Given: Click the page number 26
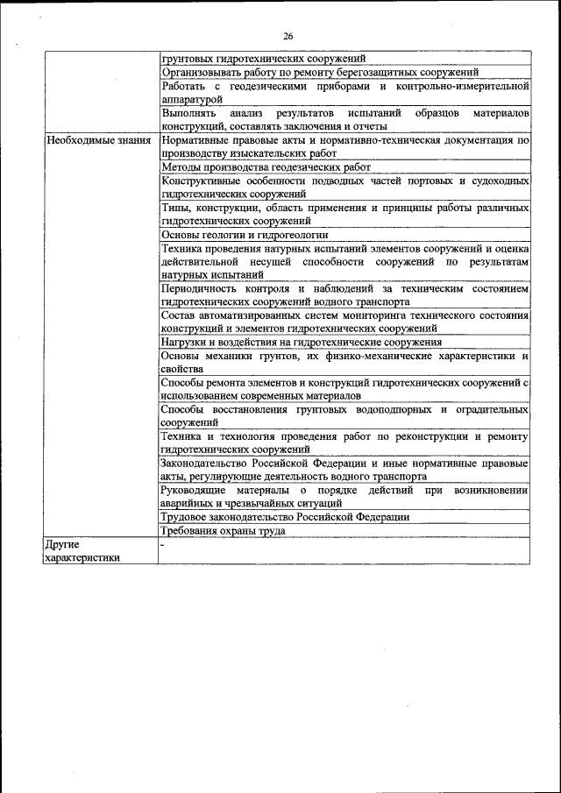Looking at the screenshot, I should tap(288, 36).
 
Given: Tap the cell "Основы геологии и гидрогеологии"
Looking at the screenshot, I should tap(245, 234).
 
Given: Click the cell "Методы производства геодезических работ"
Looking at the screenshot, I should tap(266, 166).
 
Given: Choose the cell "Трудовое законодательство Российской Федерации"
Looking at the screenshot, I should tap(285, 517).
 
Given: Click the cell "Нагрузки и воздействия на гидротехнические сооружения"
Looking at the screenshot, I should tap(314, 342).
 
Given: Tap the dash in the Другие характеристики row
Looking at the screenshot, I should tap(163, 544).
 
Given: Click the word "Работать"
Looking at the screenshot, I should tap(184, 87).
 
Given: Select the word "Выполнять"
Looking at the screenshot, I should tap(189, 113).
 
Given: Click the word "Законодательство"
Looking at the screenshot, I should tap(209, 463).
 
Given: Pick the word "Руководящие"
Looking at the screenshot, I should tap(197, 490).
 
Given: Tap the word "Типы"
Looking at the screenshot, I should tap(175, 208).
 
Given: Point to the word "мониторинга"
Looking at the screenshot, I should tap(374, 315).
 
